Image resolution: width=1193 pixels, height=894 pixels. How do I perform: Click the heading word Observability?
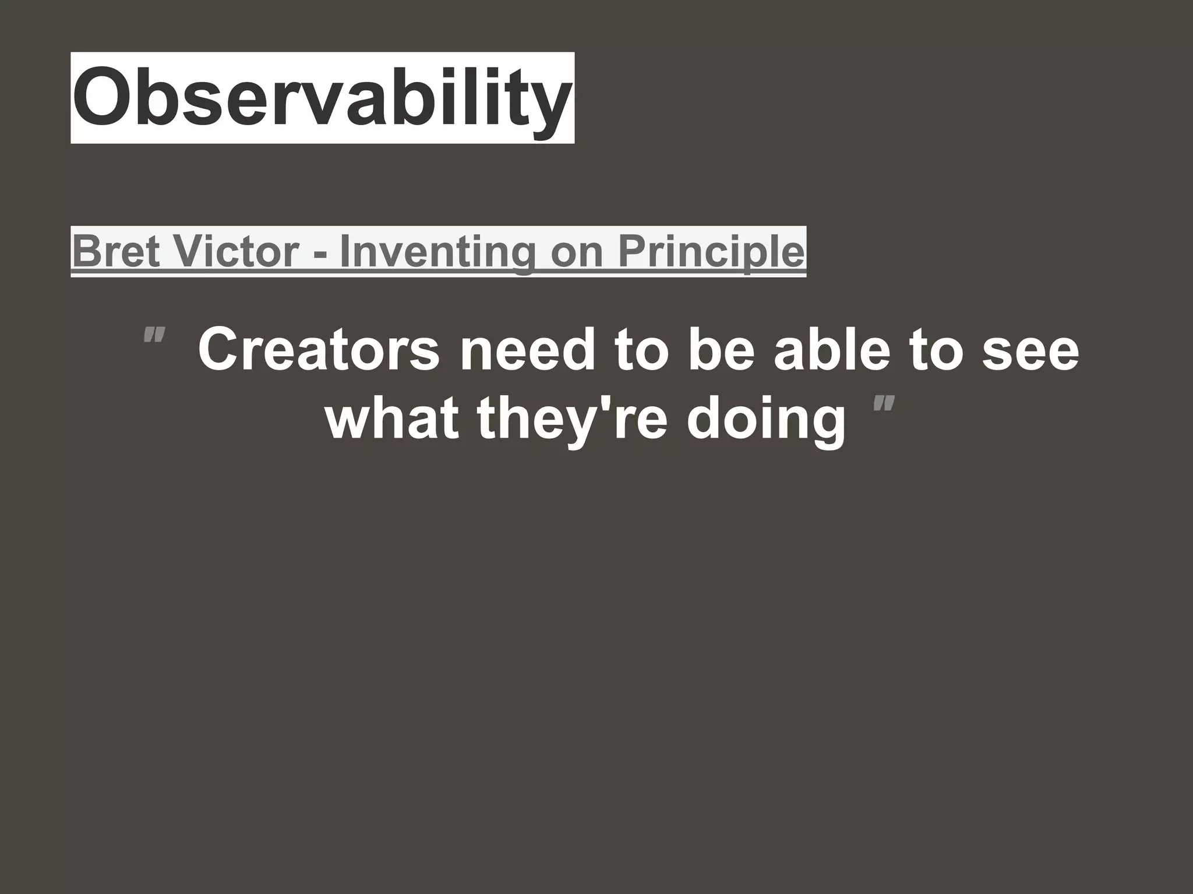[x=322, y=97]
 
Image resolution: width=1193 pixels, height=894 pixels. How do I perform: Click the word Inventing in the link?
[x=437, y=251]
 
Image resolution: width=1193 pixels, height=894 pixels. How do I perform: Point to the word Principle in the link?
[x=711, y=251]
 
